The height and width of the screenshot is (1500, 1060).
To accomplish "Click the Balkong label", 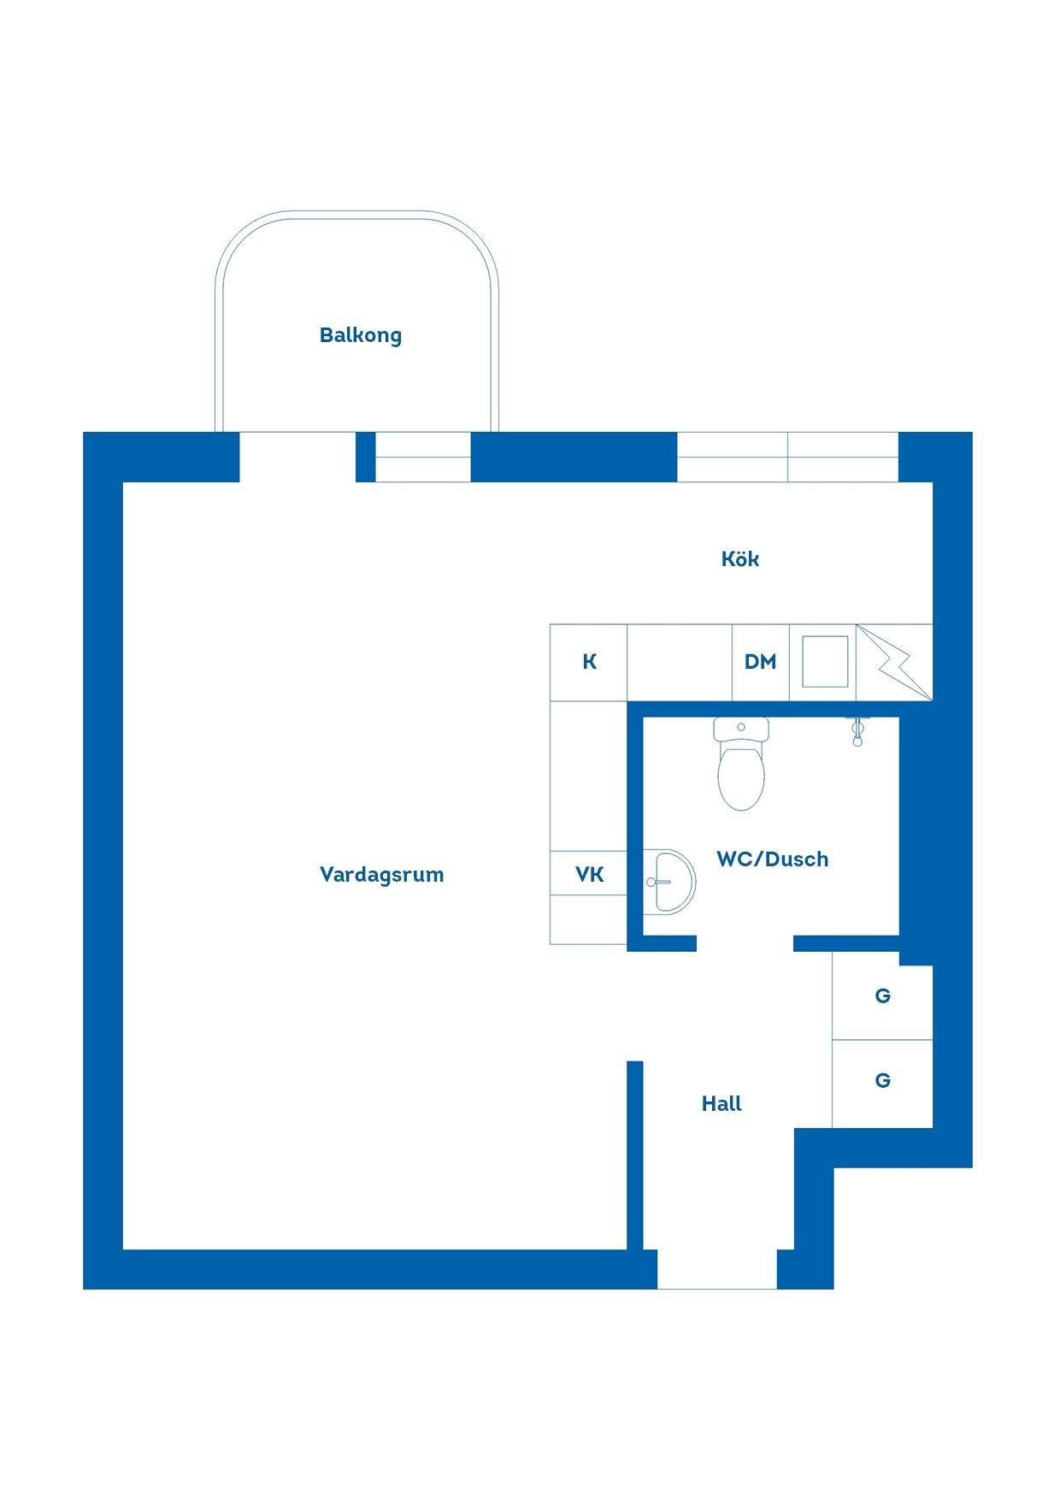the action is pos(360,334).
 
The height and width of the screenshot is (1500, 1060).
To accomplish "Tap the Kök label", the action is pos(740,558).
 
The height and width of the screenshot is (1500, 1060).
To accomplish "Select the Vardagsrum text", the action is pos(381,874).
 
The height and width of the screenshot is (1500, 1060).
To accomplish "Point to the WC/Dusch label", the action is pos(772,859).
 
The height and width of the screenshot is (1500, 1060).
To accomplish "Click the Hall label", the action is pos(721,1104).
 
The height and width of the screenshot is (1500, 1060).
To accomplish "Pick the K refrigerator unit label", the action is pos(589,662).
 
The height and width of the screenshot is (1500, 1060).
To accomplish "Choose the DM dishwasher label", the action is pos(760,662).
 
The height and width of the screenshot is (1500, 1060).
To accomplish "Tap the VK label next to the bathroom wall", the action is pos(589,874).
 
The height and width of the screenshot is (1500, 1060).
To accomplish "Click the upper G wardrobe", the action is pos(882,996).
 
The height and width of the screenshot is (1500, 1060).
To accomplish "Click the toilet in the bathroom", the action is pos(741,764).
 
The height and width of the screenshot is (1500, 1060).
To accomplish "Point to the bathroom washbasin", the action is pos(668,882).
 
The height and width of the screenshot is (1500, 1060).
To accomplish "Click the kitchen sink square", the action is pos(825,661).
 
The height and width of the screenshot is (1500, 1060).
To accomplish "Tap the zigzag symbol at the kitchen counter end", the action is pos(892,662).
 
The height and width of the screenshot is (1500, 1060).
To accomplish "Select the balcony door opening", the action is pos(297,457).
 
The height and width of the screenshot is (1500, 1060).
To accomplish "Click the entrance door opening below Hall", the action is pos(717,1269).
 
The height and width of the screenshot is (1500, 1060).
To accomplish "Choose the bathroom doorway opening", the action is pos(745,943).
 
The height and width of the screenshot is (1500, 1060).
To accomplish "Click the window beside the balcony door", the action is pos(423,457).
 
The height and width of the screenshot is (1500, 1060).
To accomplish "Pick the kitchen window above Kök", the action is pos(787,457).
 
